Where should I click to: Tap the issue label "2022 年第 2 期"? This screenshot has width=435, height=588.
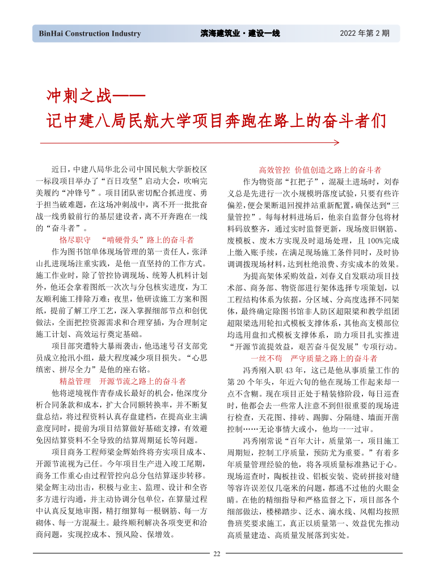[365, 33]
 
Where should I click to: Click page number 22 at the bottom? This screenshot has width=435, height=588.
[217, 554]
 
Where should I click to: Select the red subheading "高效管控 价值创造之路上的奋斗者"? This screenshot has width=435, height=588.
[320, 169]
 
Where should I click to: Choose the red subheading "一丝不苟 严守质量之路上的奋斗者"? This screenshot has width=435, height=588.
[314, 358]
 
